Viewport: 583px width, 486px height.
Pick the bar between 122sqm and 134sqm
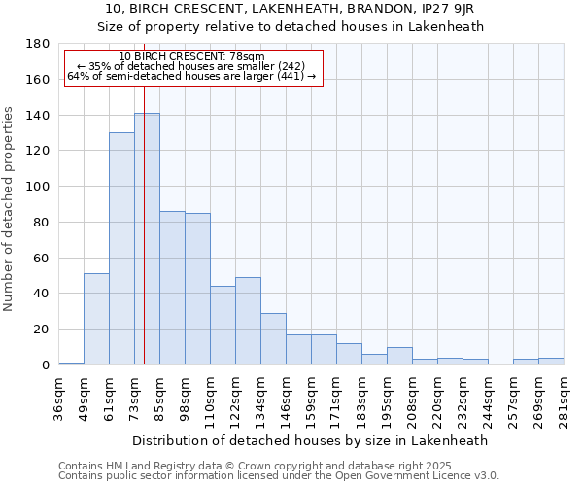click(248, 321)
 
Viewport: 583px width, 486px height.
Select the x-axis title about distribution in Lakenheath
click(310, 440)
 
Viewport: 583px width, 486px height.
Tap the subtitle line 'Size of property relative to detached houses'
click(291, 26)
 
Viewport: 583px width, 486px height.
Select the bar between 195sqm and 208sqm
click(399, 356)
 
